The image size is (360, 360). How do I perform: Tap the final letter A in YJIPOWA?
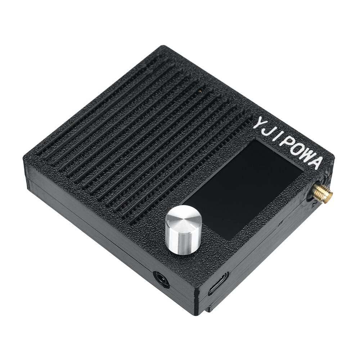click(316, 163)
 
